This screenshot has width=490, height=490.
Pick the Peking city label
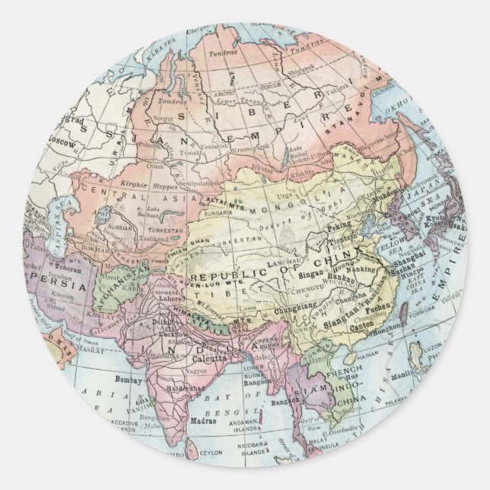pyautogui.click(x=339, y=226)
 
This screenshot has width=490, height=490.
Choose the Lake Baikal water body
pyautogui.click(x=285, y=158)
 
